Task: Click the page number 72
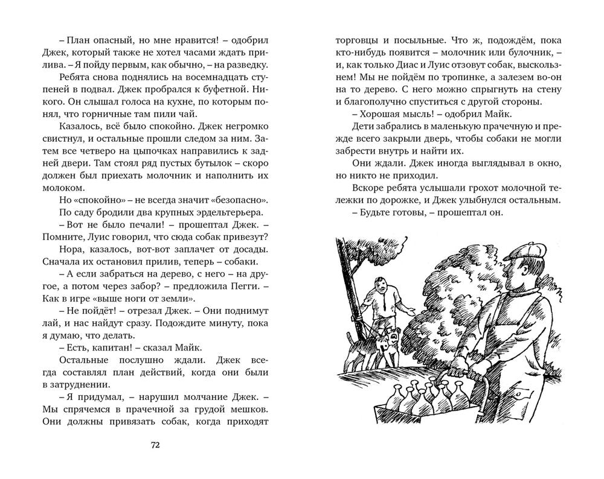click(x=154, y=446)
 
